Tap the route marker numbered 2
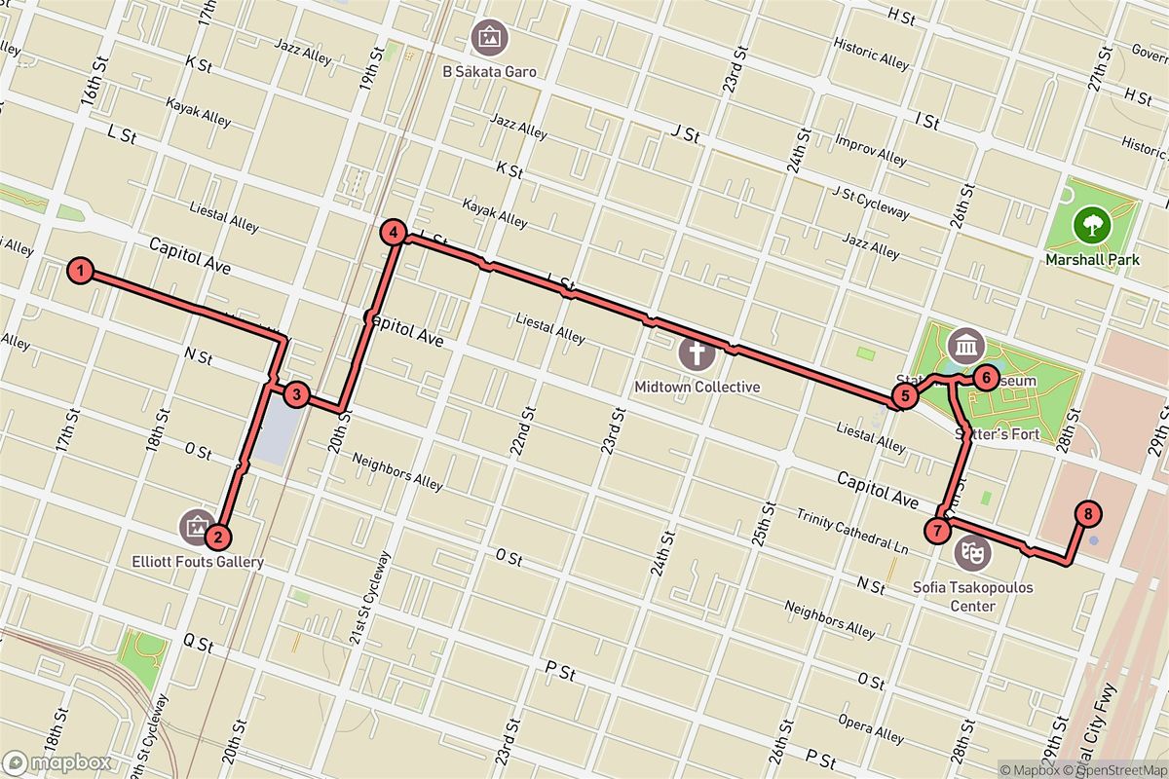(x=218, y=536)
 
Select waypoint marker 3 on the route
(x=296, y=394)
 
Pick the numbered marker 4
(x=393, y=233)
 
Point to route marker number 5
(x=904, y=395)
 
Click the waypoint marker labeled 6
(x=986, y=377)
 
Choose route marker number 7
(x=936, y=531)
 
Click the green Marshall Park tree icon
(x=1091, y=226)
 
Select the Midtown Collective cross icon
(x=697, y=353)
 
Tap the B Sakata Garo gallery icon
(x=489, y=39)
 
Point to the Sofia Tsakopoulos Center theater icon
(x=972, y=553)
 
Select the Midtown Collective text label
(x=697, y=387)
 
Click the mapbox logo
(x=57, y=762)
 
